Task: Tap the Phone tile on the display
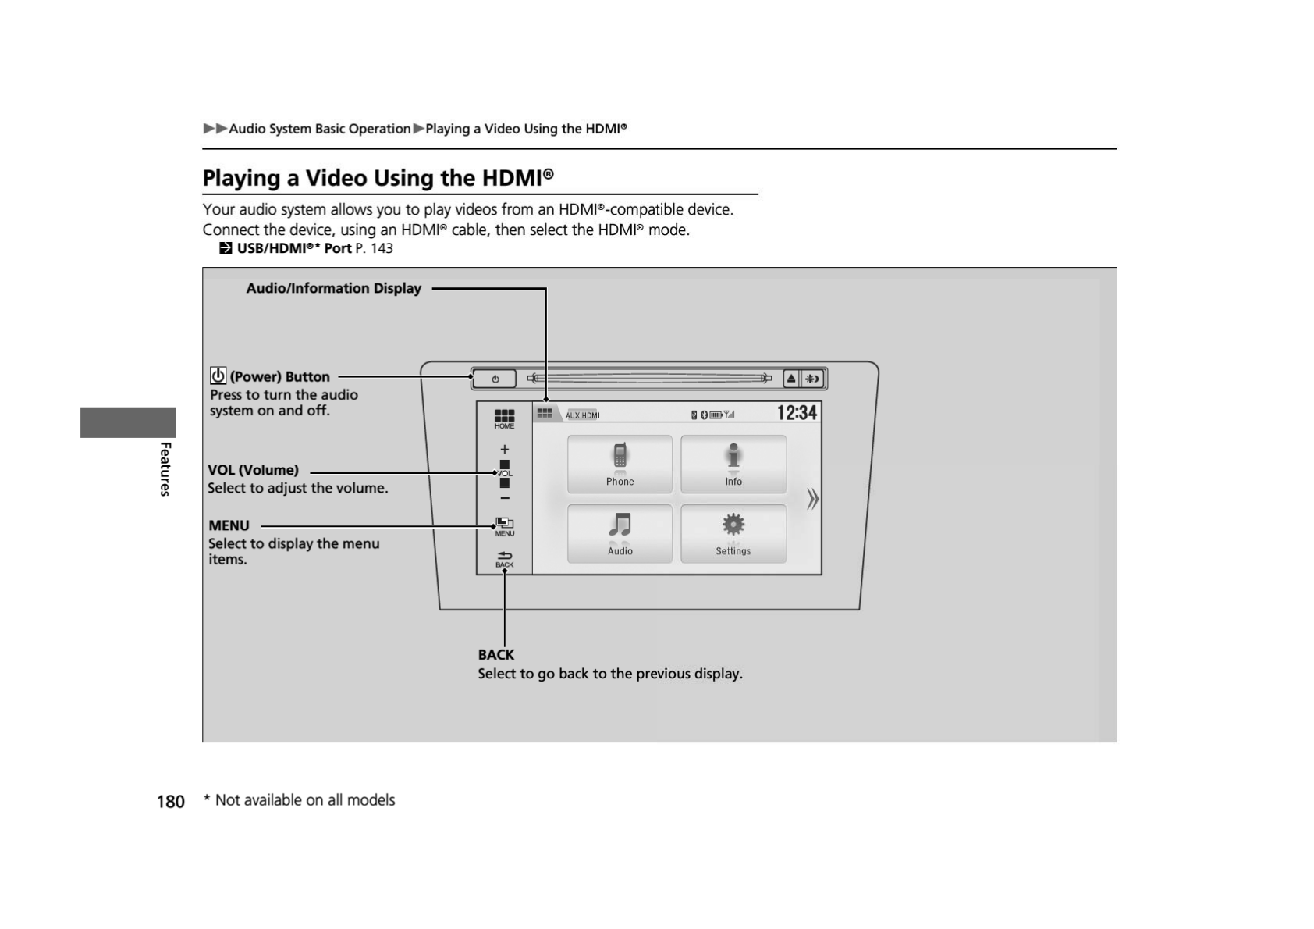click(620, 464)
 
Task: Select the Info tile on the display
click(733, 464)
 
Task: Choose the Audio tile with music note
click(620, 534)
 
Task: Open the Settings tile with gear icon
click(733, 534)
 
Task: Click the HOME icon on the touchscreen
click(504, 418)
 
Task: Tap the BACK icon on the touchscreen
click(504, 559)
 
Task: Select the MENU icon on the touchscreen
click(504, 527)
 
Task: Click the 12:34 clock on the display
click(797, 413)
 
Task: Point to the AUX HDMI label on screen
click(582, 415)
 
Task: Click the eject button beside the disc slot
click(791, 379)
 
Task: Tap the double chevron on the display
click(812, 499)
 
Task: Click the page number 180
click(170, 802)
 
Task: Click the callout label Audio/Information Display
click(333, 288)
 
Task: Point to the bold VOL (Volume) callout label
click(253, 470)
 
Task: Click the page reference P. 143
click(374, 248)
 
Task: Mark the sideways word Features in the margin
click(165, 468)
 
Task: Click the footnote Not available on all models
click(304, 800)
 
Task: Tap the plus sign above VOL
click(504, 450)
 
